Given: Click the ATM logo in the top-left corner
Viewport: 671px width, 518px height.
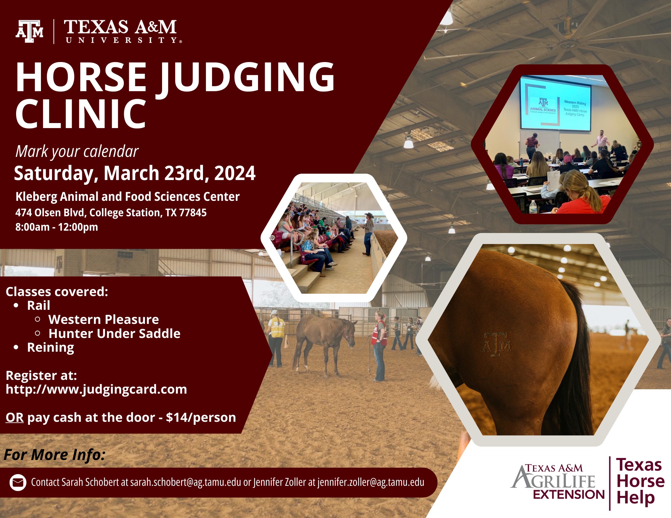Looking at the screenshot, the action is coord(30,32).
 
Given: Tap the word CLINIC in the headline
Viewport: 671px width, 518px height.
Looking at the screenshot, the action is coord(81,114).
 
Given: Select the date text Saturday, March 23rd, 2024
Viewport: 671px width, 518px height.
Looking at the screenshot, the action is coord(135,173).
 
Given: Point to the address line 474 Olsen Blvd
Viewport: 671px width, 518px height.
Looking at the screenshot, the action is coord(111,213).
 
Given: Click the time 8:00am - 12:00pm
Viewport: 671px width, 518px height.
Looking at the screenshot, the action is coord(57,227).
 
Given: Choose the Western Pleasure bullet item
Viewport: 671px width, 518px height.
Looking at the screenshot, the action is coord(104,320).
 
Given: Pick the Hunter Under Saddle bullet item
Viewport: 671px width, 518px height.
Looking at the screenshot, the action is coord(114,334).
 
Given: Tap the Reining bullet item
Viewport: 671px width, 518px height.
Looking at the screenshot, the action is coord(51,348).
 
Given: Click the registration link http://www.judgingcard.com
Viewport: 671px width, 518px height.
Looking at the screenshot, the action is coord(96,390).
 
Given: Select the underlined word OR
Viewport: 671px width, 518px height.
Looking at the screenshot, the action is coord(14,417).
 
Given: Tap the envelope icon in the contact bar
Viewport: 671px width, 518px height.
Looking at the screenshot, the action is coord(18,483).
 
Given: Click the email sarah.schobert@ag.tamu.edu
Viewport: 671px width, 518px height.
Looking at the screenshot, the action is coord(186,482).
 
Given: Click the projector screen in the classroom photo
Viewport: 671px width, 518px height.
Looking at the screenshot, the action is coord(555,103).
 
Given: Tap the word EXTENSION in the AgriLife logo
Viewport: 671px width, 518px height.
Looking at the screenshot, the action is coord(569,494).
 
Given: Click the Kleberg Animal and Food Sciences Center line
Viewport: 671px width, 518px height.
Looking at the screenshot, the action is coord(127,197).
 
